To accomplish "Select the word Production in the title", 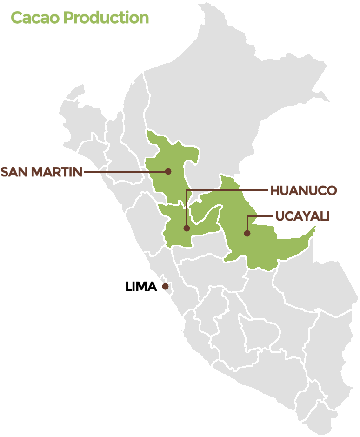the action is pyautogui.click(x=107, y=18).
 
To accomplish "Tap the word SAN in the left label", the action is pyautogui.click(x=13, y=172).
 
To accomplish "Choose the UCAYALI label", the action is pyautogui.click(x=302, y=216).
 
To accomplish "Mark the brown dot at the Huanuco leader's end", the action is pyautogui.click(x=187, y=228).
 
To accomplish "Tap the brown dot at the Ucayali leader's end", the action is pyautogui.click(x=247, y=233).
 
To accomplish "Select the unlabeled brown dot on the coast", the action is pyautogui.click(x=165, y=286).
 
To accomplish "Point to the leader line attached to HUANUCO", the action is pyautogui.click(x=228, y=190).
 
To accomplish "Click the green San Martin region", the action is pyautogui.click(x=172, y=186).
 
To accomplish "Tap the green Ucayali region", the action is pyautogui.click(x=260, y=247).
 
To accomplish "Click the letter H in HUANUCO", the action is pyautogui.click(x=274, y=190).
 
